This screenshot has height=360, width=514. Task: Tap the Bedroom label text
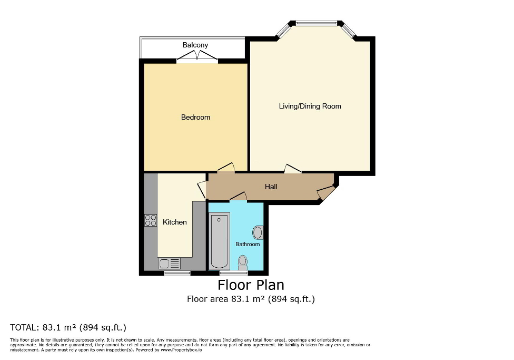(195, 117)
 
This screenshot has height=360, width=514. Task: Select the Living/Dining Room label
(310, 106)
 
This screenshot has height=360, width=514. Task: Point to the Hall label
(271, 187)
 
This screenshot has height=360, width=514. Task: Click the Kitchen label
(174, 222)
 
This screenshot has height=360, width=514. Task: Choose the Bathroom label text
(248, 244)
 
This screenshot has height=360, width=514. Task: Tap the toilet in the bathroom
(243, 262)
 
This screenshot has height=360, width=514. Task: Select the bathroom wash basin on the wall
(258, 232)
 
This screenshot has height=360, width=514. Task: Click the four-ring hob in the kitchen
(151, 220)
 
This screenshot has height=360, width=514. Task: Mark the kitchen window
(177, 273)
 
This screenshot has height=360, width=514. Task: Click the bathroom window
(234, 273)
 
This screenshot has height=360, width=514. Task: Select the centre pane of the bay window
(316, 23)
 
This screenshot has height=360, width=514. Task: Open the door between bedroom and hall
(226, 169)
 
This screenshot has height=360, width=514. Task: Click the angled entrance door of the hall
(327, 193)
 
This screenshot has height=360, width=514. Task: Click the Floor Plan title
(251, 285)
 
